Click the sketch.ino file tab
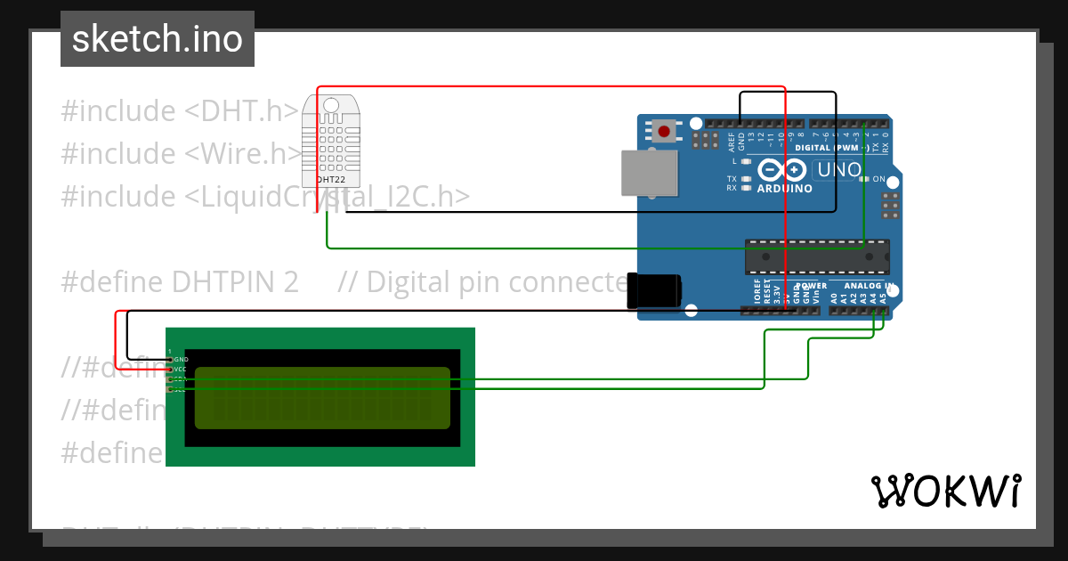point(158,39)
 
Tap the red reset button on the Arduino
point(663,132)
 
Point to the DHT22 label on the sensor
point(330,155)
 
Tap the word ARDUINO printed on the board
point(784,188)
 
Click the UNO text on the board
point(838,169)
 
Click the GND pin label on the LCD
point(181,359)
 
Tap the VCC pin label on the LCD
point(181,369)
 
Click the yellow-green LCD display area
point(322,398)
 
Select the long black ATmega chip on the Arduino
point(816,256)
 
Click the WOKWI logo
point(946,491)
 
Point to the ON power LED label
point(879,179)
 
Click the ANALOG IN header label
point(868,286)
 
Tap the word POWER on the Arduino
point(811,286)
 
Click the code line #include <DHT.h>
point(179,111)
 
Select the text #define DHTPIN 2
point(179,282)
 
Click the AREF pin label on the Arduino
point(731,136)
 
